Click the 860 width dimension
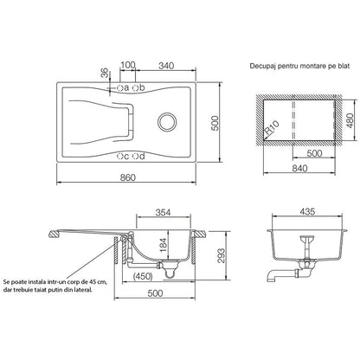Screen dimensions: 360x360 coord(127,177)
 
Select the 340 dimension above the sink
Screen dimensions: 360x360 coord(166,66)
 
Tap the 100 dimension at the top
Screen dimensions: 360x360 coord(128,65)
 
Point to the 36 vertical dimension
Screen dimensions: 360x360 coord(106,73)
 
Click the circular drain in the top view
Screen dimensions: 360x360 coord(167,121)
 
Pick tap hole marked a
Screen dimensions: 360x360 coord(120,87)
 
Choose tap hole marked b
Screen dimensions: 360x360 coord(135,87)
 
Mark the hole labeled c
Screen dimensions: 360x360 coord(120,157)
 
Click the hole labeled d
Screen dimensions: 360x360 coord(135,157)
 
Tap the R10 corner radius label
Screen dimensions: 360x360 coord(272,128)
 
